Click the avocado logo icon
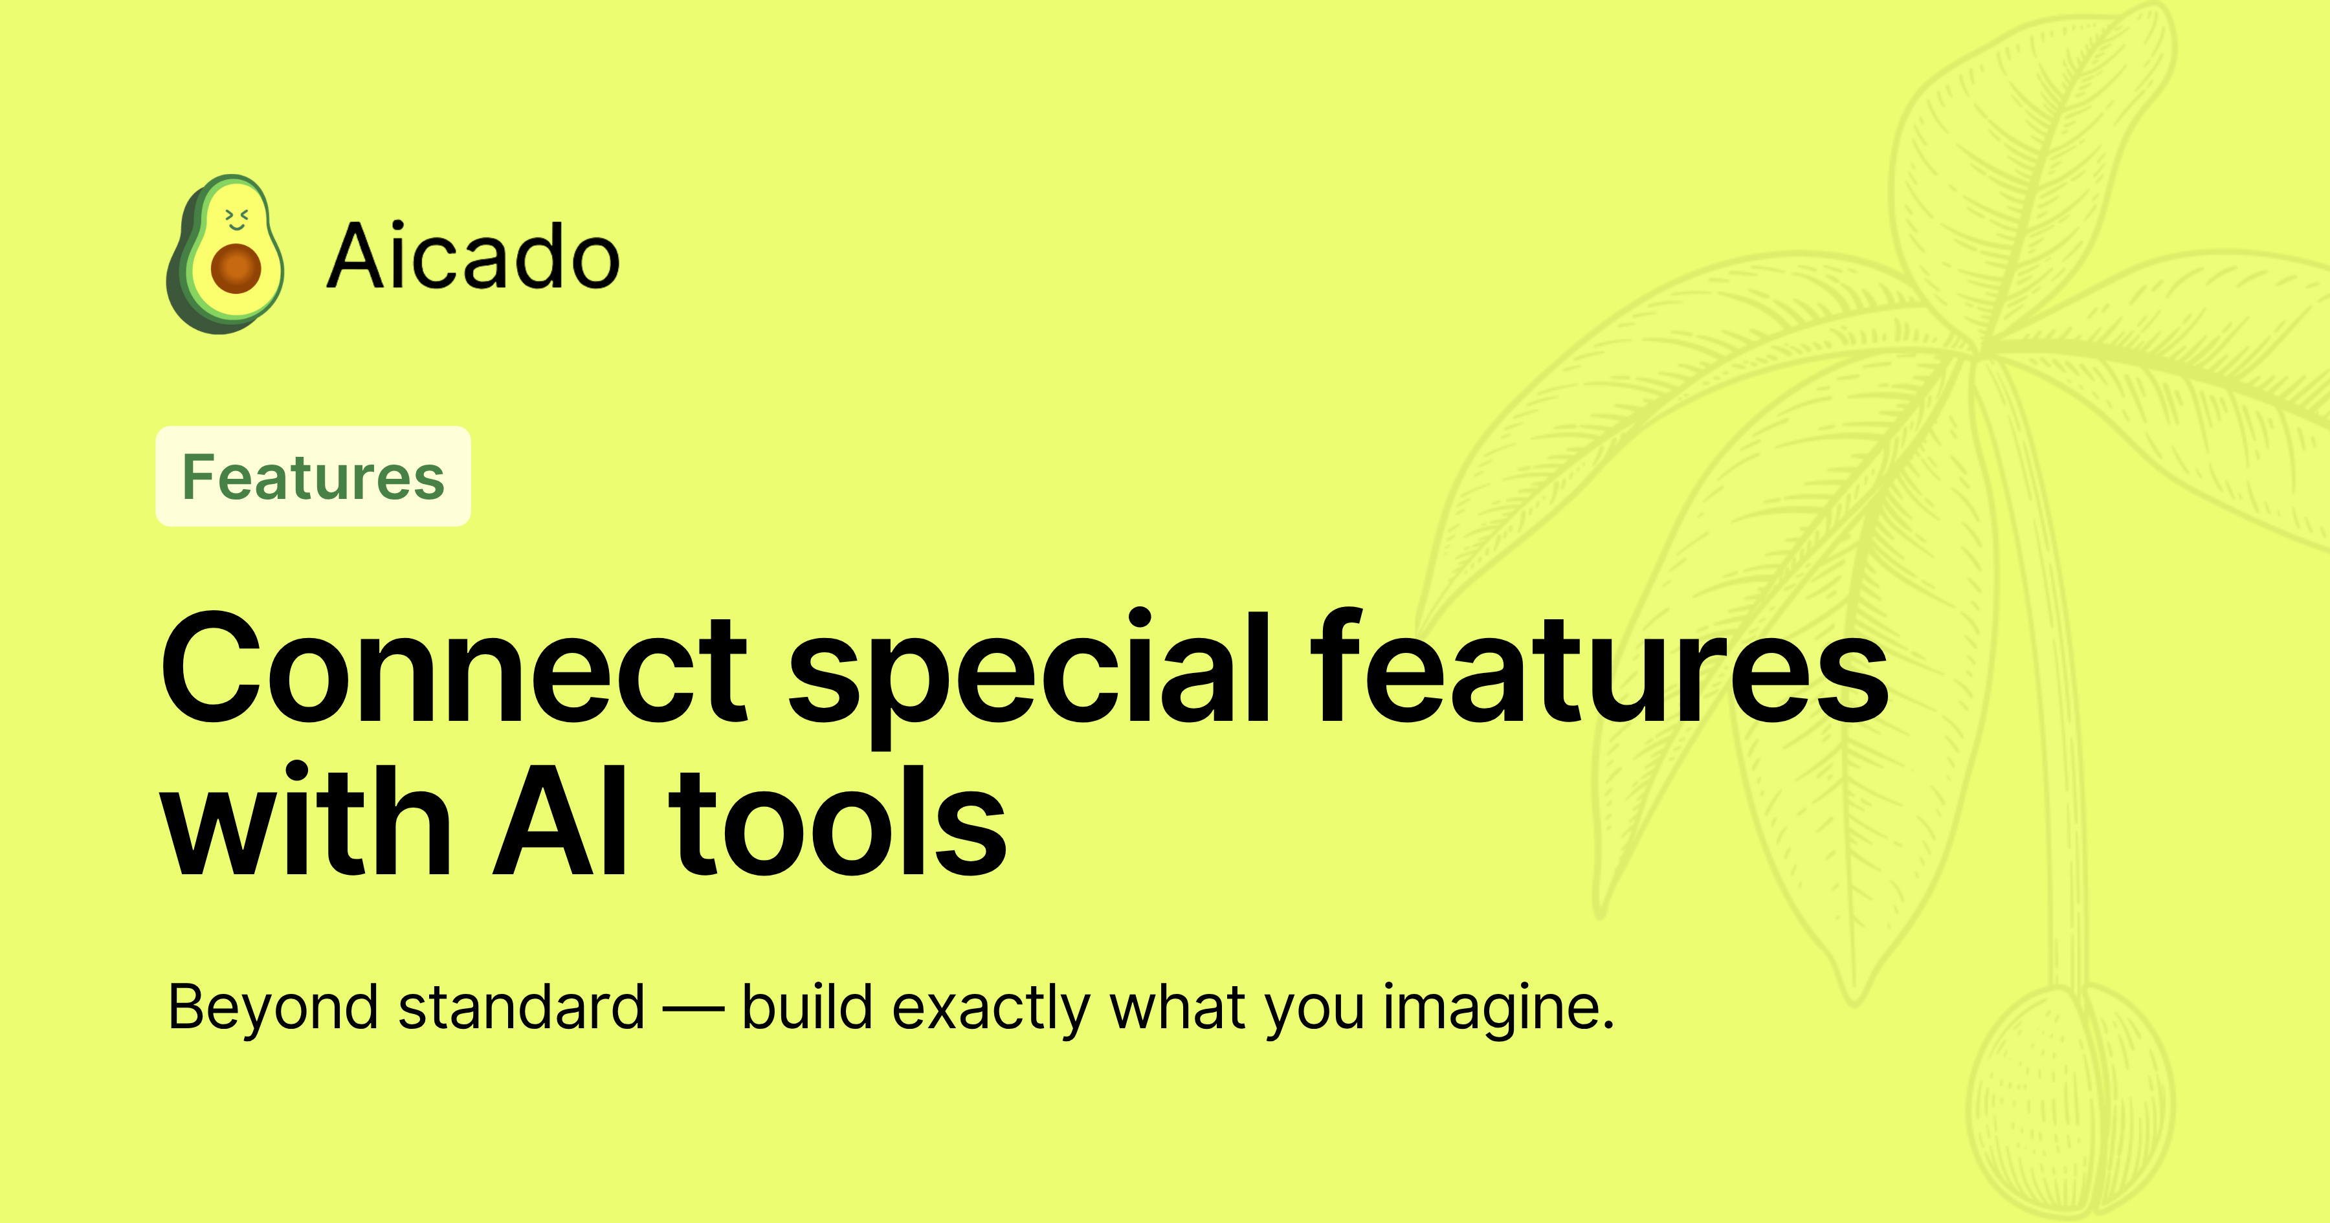pos(225,254)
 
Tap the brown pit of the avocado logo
pos(236,268)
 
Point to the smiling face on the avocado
pos(236,218)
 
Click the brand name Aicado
pos(473,258)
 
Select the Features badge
pos(313,477)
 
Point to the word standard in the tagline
pos(521,1007)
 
